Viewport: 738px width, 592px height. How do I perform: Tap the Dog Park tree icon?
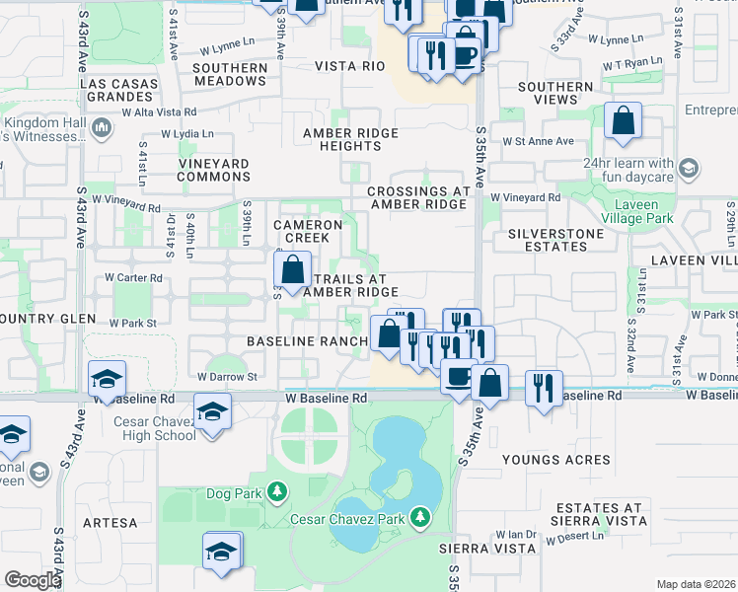[x=277, y=491]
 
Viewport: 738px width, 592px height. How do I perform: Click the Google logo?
[x=33, y=580]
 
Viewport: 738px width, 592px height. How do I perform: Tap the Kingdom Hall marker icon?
[x=100, y=126]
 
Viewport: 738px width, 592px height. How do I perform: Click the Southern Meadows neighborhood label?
[x=230, y=74]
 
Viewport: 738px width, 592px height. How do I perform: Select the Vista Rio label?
[x=348, y=66]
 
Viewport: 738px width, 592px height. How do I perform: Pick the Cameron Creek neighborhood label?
[x=308, y=231]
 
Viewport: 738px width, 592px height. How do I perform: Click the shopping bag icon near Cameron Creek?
[x=292, y=268]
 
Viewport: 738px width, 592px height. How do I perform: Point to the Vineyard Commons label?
[x=214, y=170]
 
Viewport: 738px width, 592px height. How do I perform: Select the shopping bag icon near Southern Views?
[x=623, y=123]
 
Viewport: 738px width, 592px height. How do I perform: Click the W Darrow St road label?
[x=227, y=376]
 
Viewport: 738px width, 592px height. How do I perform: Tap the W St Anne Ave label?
[x=538, y=141]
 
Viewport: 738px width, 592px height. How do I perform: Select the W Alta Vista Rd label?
[x=159, y=112]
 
